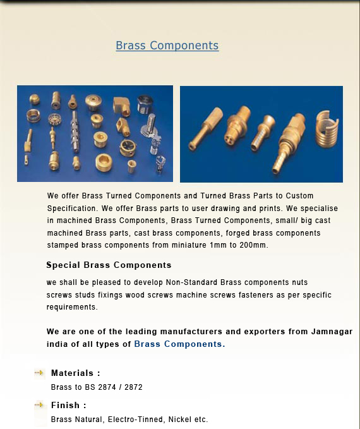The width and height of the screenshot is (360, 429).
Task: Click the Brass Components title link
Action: click(167, 45)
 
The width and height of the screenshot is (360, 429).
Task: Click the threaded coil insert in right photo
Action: click(327, 130)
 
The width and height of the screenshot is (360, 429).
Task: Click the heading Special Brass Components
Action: click(109, 265)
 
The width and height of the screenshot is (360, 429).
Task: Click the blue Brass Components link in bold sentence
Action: click(179, 344)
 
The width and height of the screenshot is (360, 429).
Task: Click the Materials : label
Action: click(75, 373)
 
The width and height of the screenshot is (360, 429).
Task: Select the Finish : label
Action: click(68, 405)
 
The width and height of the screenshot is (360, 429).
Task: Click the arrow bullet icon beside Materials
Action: click(39, 373)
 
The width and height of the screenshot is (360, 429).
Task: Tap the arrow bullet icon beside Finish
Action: click(39, 404)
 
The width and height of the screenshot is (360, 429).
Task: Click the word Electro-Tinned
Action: click(135, 420)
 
